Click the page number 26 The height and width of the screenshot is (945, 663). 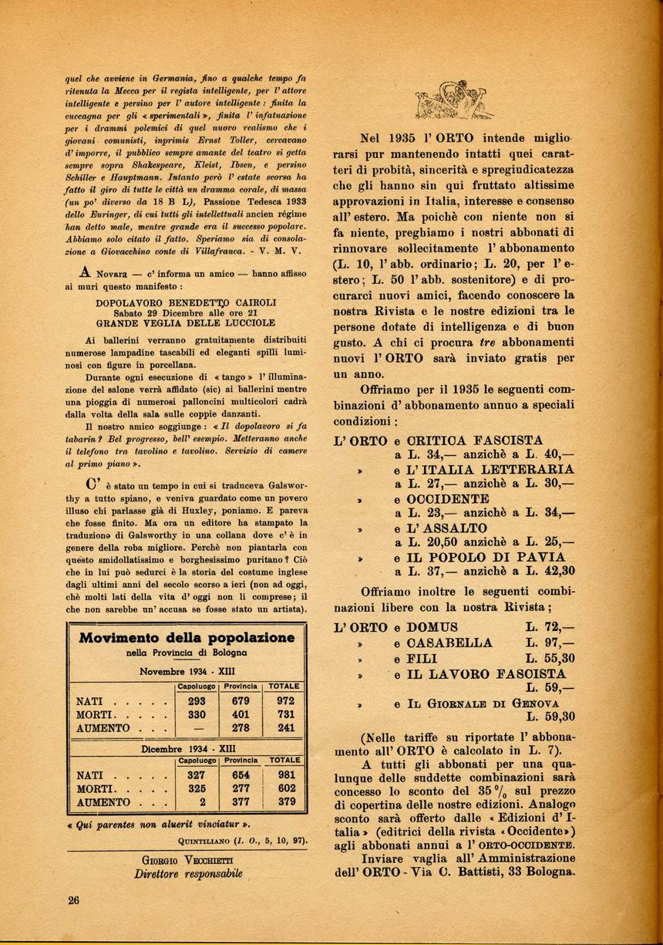pos(73,899)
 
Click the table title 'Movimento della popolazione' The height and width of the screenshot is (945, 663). pos(187,637)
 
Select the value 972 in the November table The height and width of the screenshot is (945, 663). pos(285,701)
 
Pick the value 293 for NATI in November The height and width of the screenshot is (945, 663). pos(197,701)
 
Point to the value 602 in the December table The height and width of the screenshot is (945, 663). pos(287,788)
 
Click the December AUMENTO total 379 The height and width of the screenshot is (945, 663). pos(287,802)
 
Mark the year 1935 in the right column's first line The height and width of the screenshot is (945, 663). pos(402,140)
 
